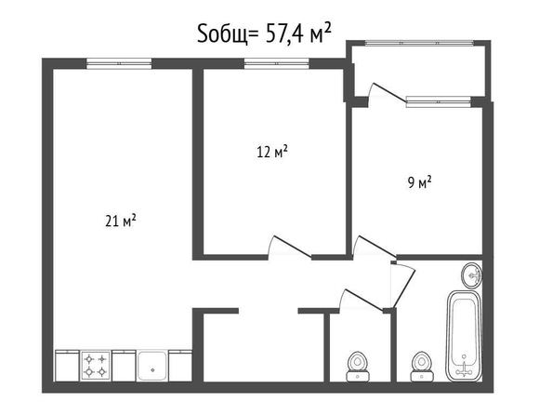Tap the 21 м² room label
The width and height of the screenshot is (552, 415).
coord(121,221)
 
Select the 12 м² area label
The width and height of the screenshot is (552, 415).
coord(272,152)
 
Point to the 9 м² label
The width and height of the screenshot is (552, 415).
coord(420,182)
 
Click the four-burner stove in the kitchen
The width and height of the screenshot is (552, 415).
coord(96,366)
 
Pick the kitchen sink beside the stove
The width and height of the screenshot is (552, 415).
coord(152,366)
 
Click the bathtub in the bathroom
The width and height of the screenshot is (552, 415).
coord(464,336)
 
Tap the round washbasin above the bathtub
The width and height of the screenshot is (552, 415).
coord(472,274)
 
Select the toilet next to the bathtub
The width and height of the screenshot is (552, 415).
coord(421,367)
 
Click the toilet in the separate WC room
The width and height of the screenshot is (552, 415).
coord(358,367)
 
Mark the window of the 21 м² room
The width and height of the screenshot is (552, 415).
coord(119,63)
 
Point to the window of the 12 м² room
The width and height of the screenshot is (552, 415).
coord(277,63)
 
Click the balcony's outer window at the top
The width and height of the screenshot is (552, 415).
coord(419,43)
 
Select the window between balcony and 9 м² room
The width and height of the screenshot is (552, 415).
coord(439,101)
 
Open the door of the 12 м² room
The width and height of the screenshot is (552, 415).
coord(289,247)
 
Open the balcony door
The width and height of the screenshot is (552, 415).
coord(387,93)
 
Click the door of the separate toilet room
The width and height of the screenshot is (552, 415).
coord(361,301)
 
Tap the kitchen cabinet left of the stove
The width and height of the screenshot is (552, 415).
coord(67,366)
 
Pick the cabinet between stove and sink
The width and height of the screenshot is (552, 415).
coord(124,366)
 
